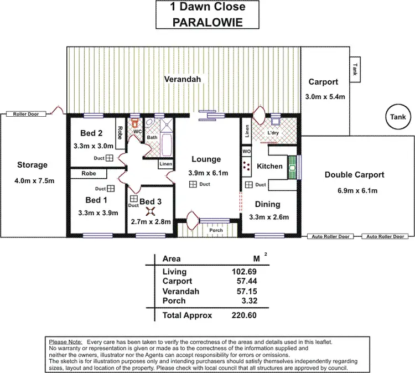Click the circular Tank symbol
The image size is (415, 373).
[x=398, y=117]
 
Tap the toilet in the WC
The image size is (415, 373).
[x=134, y=124]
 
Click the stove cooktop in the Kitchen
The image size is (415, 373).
[x=247, y=165]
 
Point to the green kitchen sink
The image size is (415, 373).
[x=292, y=168]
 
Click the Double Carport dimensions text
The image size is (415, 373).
[x=354, y=191]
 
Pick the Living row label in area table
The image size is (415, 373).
[x=174, y=272]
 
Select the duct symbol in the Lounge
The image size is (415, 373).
[x=193, y=184]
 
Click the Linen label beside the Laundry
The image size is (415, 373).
[x=247, y=131]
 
